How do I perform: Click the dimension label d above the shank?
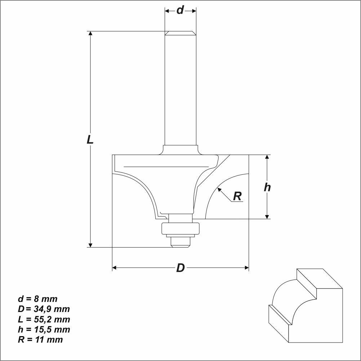(x=180, y=10)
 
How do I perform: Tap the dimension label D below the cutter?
(x=180, y=268)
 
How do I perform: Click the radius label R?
(x=237, y=196)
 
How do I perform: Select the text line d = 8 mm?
(x=37, y=299)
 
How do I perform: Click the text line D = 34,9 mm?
(x=44, y=309)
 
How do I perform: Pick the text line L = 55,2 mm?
(x=44, y=319)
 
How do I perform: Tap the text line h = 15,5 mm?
(x=44, y=329)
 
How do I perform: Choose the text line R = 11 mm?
(x=40, y=339)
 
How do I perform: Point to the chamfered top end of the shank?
(x=180, y=33)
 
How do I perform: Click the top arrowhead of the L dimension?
(x=90, y=34)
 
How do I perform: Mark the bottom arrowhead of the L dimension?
(x=90, y=245)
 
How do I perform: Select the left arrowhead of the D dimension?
(x=115, y=268)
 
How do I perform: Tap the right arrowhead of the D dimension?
(x=246, y=268)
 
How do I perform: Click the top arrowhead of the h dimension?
(x=267, y=157)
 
